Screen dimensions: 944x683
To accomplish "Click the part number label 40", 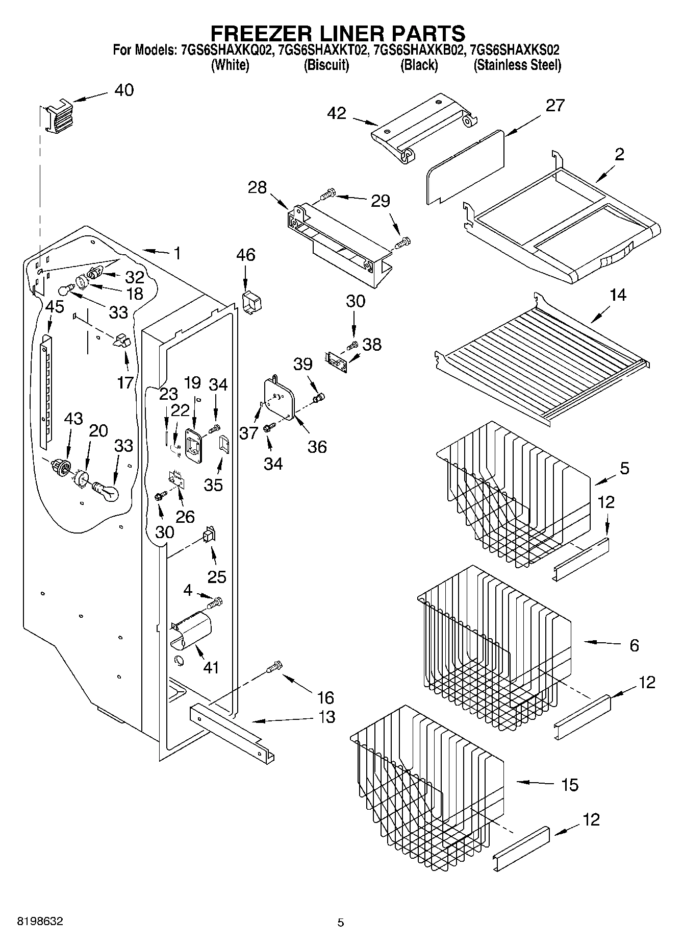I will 124,90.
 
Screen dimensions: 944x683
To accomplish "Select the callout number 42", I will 337,113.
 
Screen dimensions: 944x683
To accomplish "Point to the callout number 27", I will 555,106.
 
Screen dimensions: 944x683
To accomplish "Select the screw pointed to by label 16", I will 274,667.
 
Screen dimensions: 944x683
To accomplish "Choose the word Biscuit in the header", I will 326,65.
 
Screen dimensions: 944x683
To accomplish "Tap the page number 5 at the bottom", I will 340,922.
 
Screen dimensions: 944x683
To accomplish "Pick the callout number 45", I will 55,307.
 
